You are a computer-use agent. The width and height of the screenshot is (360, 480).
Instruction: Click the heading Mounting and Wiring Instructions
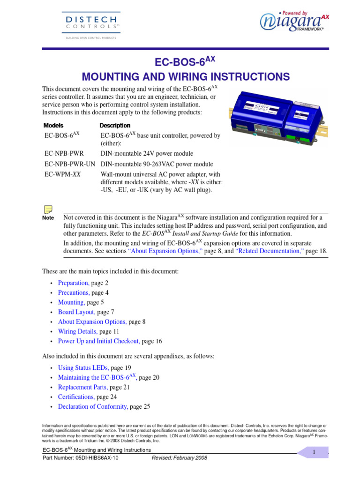186,76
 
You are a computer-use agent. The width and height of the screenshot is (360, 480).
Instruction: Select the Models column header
53,126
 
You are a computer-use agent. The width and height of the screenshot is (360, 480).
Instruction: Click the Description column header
115,126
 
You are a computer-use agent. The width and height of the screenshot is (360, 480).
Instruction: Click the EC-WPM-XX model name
61,173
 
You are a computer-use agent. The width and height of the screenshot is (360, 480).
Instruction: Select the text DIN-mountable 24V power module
147,153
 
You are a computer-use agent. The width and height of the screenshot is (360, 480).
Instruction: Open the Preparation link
73,283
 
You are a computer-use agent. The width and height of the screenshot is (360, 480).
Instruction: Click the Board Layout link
76,312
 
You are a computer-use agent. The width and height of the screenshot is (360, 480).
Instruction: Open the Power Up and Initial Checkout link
98,341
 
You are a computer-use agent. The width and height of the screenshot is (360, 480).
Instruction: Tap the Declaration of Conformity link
92,406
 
